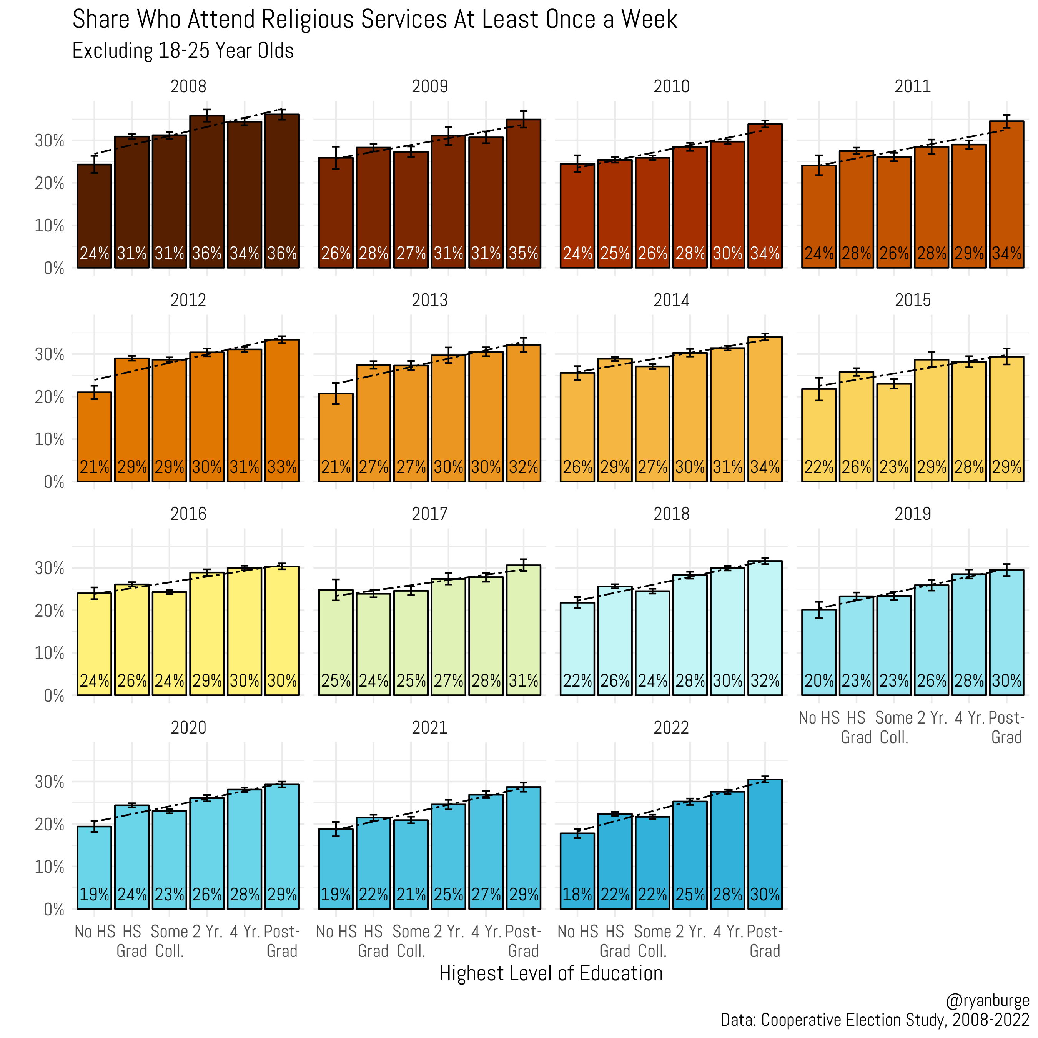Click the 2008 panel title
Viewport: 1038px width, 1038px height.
pos(188,86)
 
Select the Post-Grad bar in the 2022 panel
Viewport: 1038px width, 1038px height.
pos(765,843)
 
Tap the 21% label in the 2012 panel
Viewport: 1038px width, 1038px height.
pos(94,467)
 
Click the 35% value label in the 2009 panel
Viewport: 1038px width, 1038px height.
pos(523,253)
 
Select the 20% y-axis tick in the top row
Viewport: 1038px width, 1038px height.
pos(50,183)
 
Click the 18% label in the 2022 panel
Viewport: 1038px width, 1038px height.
pos(577,895)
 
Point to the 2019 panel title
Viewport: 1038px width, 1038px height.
pos(912,514)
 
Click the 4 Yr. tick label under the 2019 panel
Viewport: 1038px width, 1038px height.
pos(969,718)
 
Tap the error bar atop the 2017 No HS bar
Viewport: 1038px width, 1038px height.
pos(336,589)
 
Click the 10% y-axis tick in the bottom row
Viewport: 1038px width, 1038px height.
pos(50,867)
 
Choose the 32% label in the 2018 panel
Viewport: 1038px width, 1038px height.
pos(765,681)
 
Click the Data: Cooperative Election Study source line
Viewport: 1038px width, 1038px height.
pos(874,1020)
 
